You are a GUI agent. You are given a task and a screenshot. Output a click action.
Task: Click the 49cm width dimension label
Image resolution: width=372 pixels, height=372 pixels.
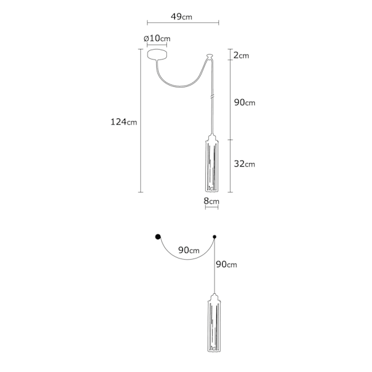[182, 17]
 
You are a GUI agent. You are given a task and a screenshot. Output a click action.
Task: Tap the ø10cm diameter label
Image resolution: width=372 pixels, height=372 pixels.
[157, 38]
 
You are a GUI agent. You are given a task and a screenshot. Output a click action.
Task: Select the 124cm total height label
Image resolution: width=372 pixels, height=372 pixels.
[124, 122]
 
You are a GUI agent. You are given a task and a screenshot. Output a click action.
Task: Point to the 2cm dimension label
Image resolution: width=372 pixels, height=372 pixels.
[241, 55]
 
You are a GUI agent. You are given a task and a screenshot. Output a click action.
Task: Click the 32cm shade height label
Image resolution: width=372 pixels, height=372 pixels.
[245, 164]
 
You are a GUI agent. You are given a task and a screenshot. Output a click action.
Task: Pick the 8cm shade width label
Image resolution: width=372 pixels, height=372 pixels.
[211, 201]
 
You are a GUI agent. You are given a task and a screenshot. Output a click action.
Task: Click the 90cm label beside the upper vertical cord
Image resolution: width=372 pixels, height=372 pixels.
[245, 102]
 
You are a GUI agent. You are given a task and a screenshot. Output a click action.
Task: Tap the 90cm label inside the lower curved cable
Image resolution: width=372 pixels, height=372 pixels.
[189, 250]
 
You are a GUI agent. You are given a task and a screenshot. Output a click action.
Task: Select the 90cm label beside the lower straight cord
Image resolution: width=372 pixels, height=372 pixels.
[226, 264]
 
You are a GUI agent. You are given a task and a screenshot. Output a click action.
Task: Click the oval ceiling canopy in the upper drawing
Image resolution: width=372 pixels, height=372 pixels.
[157, 55]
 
